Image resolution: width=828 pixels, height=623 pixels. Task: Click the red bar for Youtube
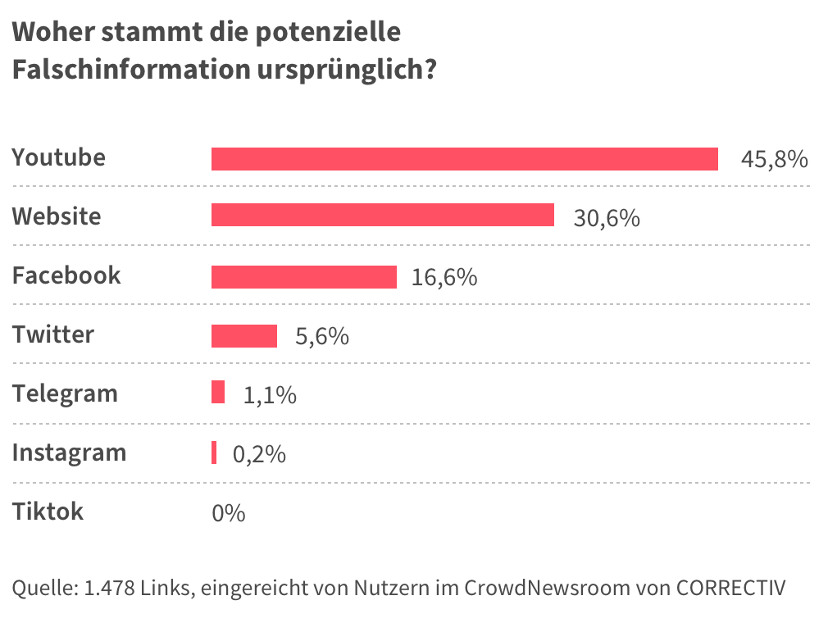click(464, 159)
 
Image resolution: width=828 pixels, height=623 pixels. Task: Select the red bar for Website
click(382, 216)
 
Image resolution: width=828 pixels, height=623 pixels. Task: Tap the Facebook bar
click(303, 277)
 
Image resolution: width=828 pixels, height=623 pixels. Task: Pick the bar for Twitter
click(244, 336)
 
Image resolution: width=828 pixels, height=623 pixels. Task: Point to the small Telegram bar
click(218, 393)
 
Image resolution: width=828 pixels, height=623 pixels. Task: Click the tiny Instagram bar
click(214, 452)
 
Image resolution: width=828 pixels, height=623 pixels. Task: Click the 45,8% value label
click(774, 160)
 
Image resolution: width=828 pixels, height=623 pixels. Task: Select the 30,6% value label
click(606, 219)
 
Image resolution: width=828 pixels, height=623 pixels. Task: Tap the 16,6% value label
click(444, 278)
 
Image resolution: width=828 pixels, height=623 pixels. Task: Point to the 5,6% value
click(321, 337)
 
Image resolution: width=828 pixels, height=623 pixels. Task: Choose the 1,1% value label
click(270, 396)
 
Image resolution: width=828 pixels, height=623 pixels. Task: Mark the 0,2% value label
click(259, 455)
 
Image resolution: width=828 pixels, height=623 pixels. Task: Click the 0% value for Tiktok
click(228, 514)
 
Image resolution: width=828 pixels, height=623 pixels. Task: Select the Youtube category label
click(58, 157)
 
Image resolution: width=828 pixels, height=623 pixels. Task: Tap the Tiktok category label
click(48, 512)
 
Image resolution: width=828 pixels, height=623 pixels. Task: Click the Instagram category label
click(69, 452)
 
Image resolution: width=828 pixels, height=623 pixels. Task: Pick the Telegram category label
click(65, 393)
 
